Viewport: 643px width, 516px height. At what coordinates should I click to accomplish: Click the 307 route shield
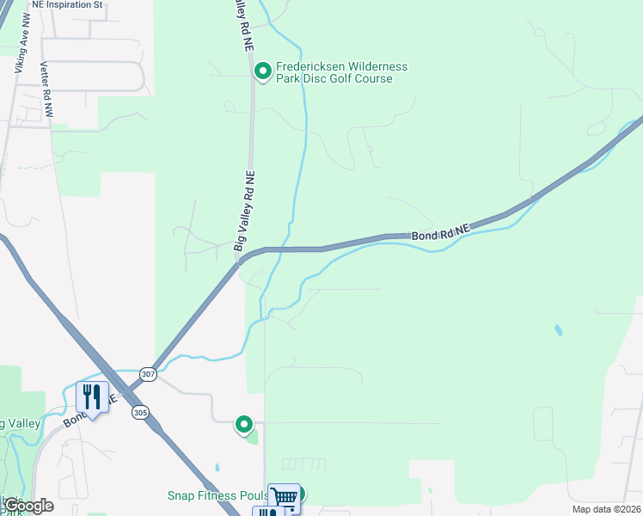point(149,374)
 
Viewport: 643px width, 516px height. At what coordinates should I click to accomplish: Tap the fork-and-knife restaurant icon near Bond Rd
point(92,396)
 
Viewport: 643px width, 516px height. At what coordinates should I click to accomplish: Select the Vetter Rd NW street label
point(46,89)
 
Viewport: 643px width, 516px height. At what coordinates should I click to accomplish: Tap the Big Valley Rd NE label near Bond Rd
point(245,212)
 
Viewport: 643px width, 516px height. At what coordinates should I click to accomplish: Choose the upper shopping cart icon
point(284,496)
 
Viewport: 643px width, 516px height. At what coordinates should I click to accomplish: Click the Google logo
point(28,506)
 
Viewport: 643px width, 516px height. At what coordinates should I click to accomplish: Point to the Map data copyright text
point(606,509)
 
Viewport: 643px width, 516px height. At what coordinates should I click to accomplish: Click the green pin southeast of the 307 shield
point(245,423)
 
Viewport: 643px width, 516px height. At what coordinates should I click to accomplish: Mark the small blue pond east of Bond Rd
point(559,329)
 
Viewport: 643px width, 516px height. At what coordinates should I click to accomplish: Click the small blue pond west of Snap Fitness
point(217,470)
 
